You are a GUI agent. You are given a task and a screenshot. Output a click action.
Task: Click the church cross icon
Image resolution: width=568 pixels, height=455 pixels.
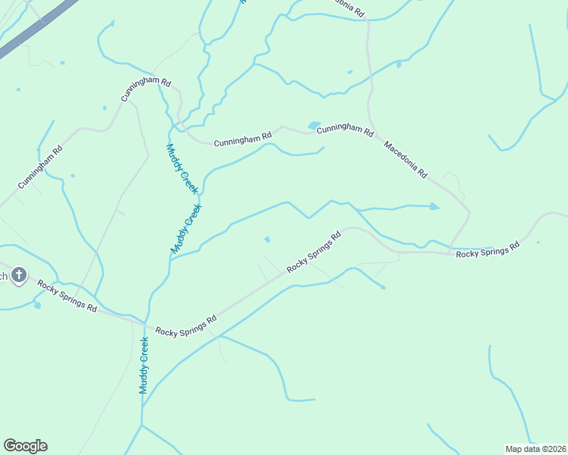(x=19, y=275)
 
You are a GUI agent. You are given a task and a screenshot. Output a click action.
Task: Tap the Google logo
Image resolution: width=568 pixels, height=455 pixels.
(x=25, y=446)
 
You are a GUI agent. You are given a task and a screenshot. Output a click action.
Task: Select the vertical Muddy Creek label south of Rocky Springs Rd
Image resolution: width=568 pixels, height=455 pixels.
(x=144, y=366)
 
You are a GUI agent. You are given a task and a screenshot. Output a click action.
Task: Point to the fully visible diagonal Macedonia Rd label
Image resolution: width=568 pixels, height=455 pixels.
(x=405, y=159)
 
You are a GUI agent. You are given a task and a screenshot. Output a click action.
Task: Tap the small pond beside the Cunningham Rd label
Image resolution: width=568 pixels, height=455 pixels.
(x=314, y=125)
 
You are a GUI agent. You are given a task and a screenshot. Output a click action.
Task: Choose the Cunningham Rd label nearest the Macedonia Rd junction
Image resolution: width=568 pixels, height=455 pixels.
(x=346, y=130)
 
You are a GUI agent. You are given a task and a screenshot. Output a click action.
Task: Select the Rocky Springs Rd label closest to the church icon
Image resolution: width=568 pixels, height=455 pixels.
(x=68, y=297)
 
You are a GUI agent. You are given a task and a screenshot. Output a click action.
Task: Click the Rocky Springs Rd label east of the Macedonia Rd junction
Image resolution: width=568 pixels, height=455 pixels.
(x=488, y=250)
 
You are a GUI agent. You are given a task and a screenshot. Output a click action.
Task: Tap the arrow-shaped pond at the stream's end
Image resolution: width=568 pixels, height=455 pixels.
(x=434, y=206)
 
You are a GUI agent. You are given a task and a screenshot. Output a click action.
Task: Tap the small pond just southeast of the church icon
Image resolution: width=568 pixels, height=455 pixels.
(x=36, y=306)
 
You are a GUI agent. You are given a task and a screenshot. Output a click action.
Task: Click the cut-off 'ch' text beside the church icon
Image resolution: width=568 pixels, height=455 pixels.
(x=3, y=276)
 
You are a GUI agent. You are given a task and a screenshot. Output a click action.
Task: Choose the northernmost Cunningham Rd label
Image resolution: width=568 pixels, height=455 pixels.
(x=147, y=89)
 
